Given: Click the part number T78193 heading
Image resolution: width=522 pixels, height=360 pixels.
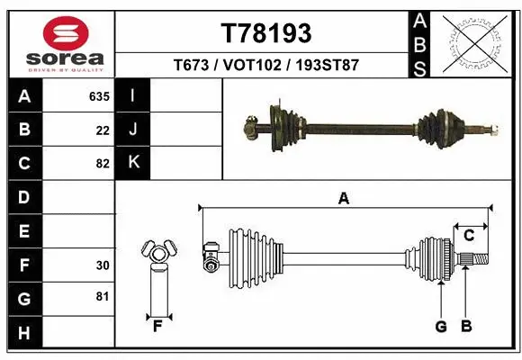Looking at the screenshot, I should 266,33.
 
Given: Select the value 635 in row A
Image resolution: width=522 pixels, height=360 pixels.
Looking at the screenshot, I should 98,96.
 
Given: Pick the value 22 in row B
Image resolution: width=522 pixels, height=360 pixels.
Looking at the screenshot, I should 103,130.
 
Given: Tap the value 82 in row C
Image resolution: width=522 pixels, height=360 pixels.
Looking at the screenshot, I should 103,164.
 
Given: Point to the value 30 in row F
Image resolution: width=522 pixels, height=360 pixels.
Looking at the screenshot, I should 103,265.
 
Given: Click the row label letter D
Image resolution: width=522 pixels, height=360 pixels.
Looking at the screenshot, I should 24,197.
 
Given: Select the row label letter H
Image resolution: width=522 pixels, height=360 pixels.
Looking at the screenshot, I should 24,333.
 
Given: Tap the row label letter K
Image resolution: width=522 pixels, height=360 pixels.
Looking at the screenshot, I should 133,163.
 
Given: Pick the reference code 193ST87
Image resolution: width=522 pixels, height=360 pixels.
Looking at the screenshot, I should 326,66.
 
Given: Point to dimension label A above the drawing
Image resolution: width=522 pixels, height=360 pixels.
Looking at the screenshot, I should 343,199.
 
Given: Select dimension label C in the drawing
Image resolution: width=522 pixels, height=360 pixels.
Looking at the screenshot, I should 469,236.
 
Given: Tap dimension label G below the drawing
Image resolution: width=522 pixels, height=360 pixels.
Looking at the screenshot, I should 441,326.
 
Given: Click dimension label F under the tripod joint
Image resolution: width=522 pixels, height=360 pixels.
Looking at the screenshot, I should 157,325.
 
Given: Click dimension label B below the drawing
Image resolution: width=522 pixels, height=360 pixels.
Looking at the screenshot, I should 465,326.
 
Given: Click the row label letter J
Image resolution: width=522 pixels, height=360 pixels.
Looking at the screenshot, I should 133,130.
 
